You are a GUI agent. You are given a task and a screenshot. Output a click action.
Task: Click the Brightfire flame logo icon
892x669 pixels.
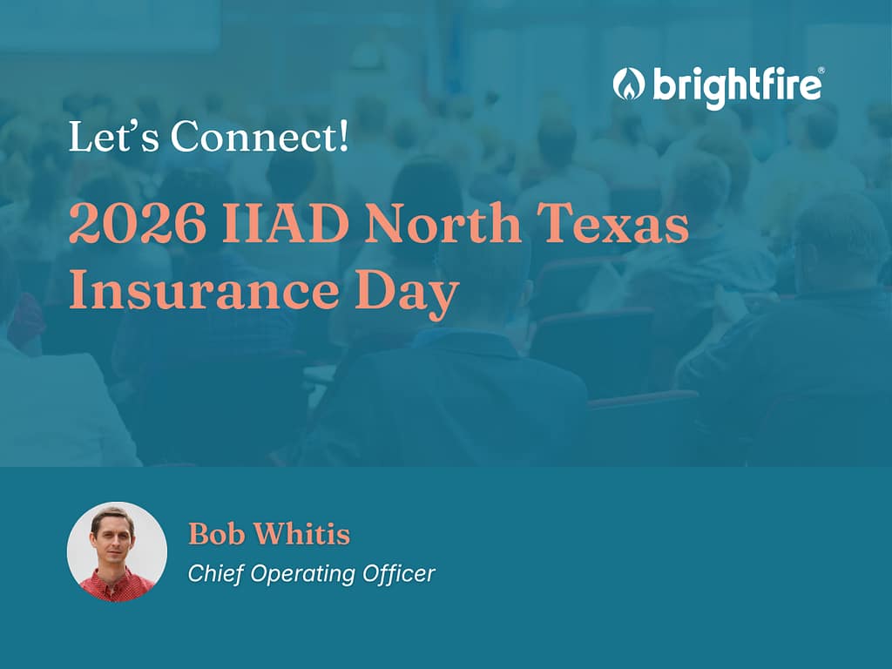click(629, 84)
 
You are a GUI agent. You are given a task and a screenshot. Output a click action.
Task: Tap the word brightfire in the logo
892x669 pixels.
click(736, 86)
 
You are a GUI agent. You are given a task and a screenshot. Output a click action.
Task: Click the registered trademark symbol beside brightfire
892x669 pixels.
click(821, 70)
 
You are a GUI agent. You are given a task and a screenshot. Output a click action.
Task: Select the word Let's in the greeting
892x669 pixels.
click(114, 137)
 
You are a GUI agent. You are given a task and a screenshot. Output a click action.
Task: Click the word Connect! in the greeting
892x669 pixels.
click(259, 137)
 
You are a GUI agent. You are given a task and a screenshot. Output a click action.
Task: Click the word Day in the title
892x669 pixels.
click(407, 294)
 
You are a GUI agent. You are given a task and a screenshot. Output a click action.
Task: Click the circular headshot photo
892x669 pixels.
click(118, 551)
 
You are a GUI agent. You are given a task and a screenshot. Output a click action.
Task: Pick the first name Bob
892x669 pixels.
click(217, 534)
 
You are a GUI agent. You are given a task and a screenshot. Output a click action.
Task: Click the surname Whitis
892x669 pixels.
click(301, 534)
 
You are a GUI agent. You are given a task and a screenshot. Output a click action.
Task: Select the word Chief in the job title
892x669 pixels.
click(216, 573)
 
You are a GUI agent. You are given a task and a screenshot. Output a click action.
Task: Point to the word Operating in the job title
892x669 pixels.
click(302, 575)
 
